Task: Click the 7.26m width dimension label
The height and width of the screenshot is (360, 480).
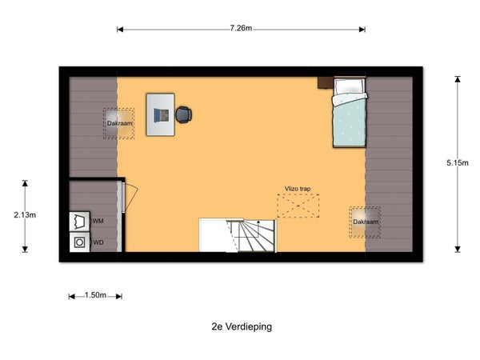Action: pos(241,28)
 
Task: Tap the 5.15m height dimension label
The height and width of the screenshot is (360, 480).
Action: pos(458,163)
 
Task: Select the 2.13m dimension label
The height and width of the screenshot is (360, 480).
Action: pos(25,215)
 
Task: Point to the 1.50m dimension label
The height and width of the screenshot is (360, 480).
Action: pos(95,295)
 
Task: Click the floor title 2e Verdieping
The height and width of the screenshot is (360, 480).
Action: pos(242,326)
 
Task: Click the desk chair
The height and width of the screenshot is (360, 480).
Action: pos(184,114)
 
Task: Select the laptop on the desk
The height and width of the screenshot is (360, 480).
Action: pos(161,115)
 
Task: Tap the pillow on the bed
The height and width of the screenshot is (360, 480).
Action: pos(350,86)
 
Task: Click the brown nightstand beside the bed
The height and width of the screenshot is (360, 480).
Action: pos(326,82)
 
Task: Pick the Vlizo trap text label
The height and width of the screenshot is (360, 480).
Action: pos(298,189)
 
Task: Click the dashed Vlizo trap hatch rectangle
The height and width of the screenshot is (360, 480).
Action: pos(298,206)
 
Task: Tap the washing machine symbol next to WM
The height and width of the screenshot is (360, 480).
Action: pos(79,221)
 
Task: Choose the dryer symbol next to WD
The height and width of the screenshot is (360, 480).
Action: pos(79,242)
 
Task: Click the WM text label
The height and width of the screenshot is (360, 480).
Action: pos(98,221)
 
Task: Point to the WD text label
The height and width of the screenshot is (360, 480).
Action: pos(98,242)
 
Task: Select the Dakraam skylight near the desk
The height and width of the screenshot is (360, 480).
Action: pos(118,123)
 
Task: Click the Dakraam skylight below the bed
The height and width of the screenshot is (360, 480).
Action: pos(365,222)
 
